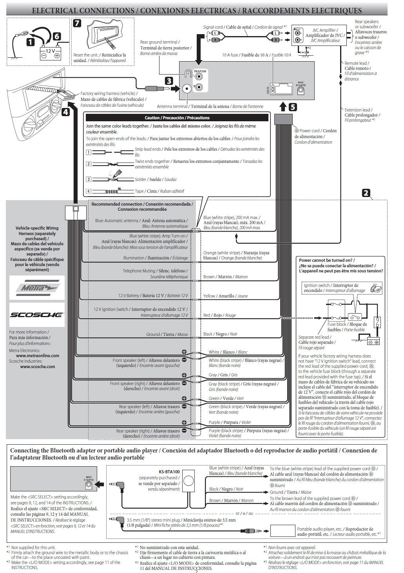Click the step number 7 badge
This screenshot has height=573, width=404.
click(x=77, y=23)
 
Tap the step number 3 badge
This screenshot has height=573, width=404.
click(x=169, y=81)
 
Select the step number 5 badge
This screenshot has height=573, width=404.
click(x=293, y=107)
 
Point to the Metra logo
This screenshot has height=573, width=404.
click(x=37, y=288)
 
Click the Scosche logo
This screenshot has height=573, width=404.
click(x=37, y=314)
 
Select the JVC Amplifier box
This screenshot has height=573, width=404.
click(x=325, y=35)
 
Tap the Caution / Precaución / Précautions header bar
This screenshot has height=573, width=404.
click(x=177, y=117)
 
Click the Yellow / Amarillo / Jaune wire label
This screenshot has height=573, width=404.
click(x=225, y=296)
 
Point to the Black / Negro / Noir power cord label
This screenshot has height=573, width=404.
click(x=220, y=334)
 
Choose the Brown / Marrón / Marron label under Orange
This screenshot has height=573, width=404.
click(x=225, y=277)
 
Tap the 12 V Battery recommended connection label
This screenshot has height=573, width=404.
click(x=153, y=296)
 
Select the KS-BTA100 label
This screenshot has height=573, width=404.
click(x=169, y=472)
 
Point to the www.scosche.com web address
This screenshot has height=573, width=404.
click(x=38, y=367)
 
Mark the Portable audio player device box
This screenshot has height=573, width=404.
click(x=283, y=531)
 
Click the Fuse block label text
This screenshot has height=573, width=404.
click(x=347, y=327)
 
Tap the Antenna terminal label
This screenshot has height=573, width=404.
click(x=172, y=106)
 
